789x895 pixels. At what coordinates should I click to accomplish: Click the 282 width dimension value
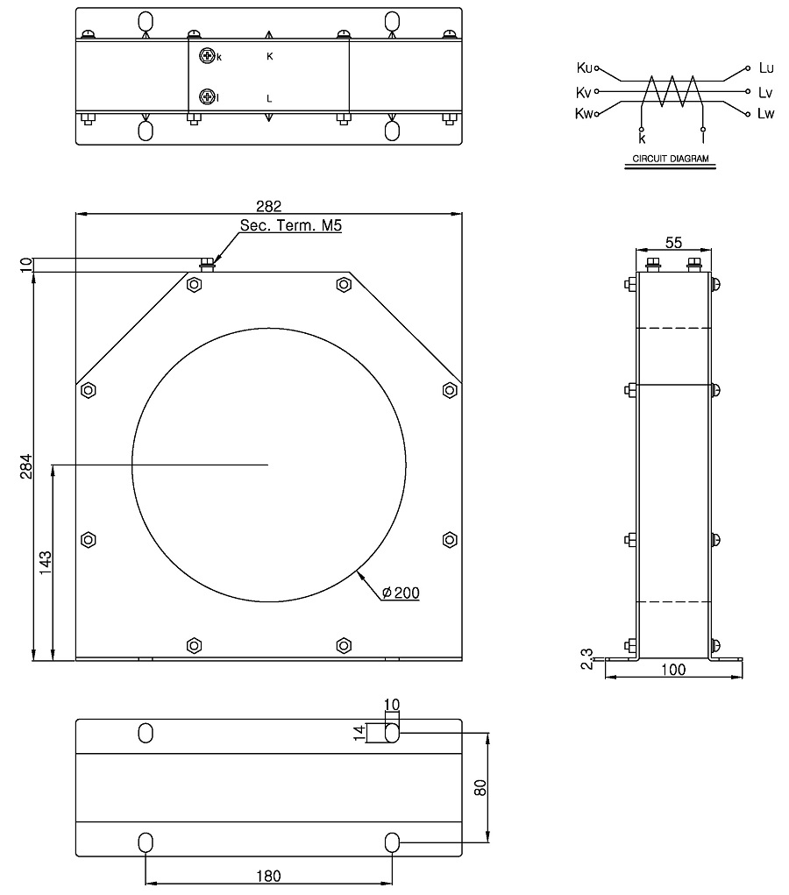click(268, 205)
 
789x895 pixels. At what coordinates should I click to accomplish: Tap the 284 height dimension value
click(26, 465)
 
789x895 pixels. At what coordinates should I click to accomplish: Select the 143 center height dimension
click(45, 562)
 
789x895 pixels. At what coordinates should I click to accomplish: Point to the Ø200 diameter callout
click(401, 593)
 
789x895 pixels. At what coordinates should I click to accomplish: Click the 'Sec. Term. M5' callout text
click(290, 225)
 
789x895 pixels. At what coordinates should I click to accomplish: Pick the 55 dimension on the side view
click(673, 243)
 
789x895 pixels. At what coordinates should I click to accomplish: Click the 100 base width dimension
click(673, 669)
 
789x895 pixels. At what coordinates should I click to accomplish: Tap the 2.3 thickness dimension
click(587, 658)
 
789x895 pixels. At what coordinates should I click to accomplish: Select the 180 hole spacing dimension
click(268, 876)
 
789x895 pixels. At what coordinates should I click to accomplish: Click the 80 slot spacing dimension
click(480, 788)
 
